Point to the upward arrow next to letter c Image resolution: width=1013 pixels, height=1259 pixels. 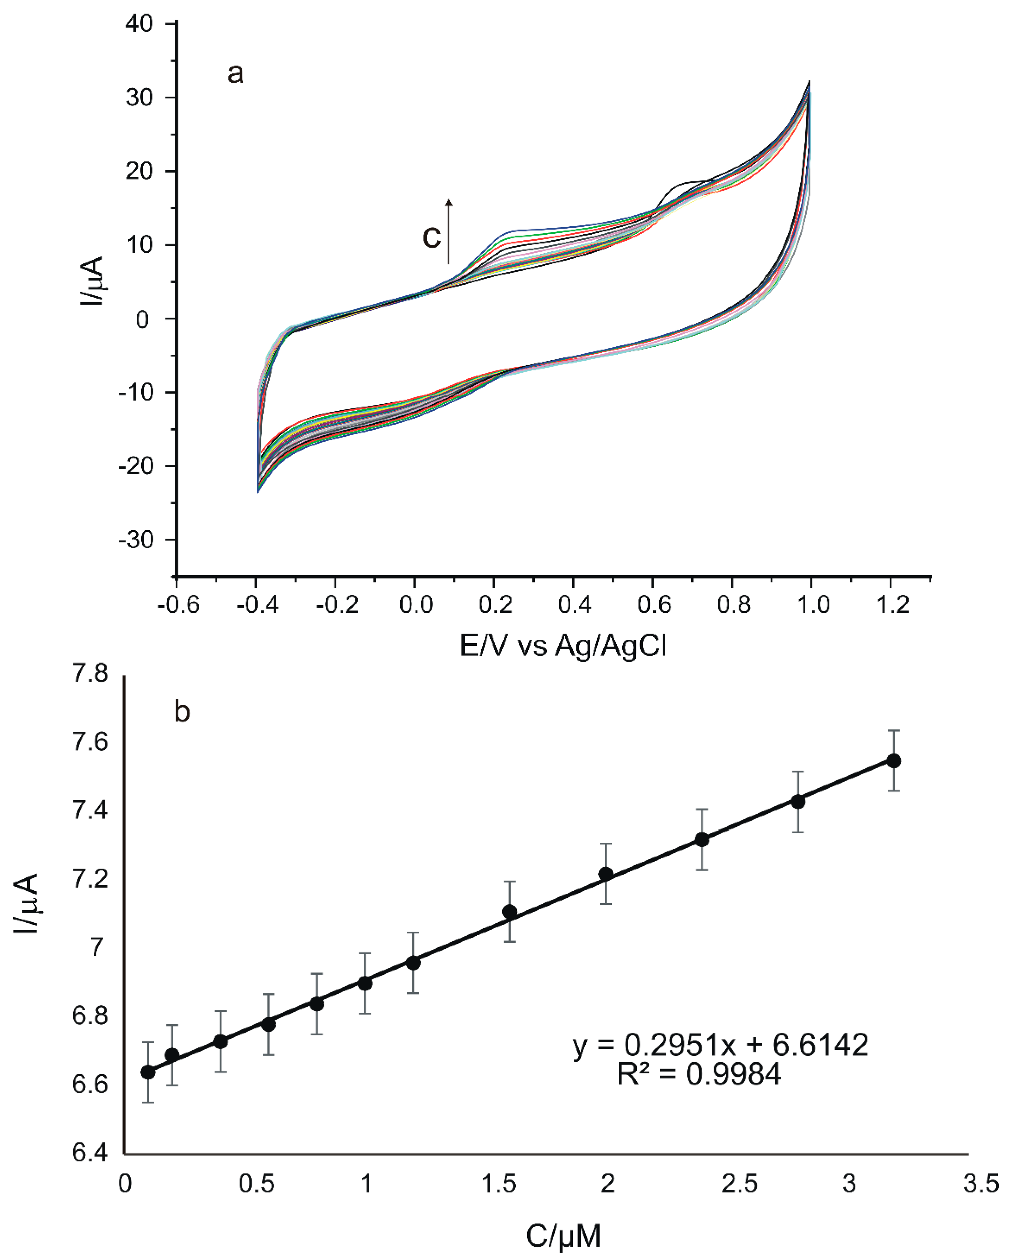click(448, 231)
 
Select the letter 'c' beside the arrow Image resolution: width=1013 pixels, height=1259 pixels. click(431, 236)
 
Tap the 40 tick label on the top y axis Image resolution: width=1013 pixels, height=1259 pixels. click(139, 24)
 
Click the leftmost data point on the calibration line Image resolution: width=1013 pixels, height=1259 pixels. click(148, 1072)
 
